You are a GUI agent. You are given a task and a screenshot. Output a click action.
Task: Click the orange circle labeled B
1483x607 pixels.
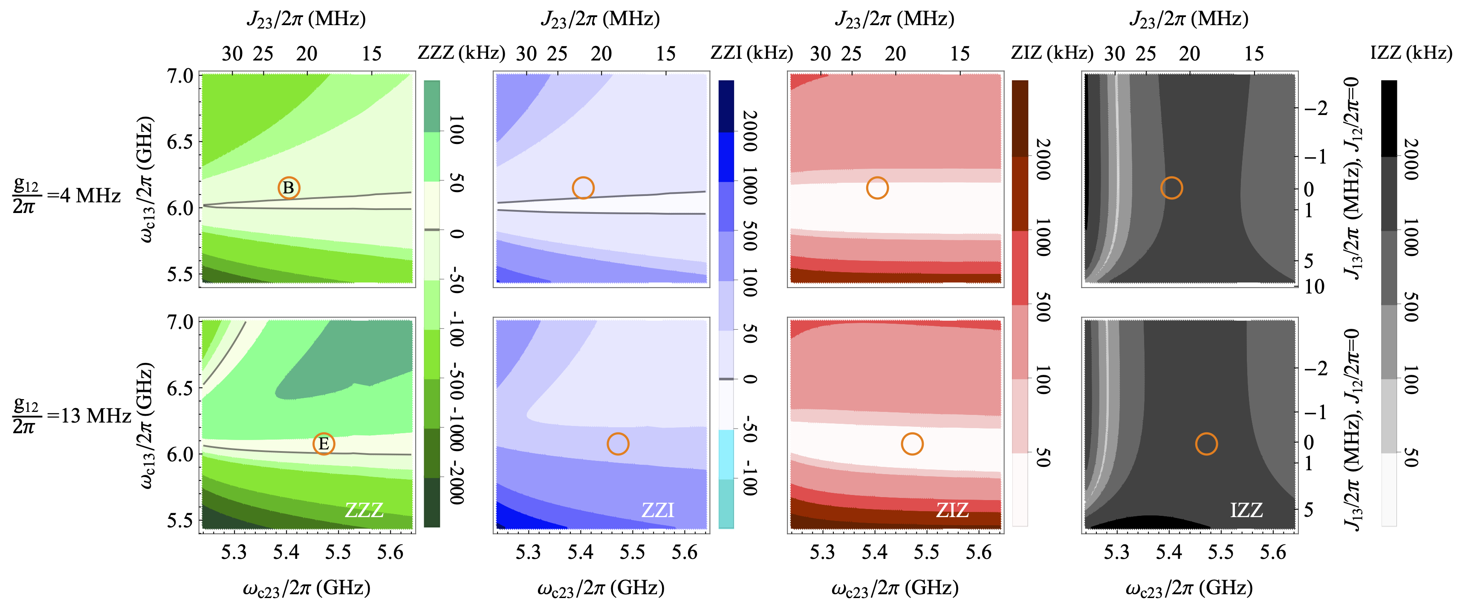(289, 187)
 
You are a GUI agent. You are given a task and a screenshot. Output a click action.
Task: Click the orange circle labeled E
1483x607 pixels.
(324, 443)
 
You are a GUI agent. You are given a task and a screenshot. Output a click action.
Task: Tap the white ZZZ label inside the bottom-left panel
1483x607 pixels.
(364, 510)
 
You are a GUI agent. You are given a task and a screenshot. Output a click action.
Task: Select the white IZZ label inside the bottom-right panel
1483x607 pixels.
(1246, 510)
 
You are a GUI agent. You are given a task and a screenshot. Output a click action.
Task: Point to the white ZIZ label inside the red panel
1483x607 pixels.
(952, 510)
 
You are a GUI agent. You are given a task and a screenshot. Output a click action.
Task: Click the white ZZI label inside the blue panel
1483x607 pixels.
(657, 510)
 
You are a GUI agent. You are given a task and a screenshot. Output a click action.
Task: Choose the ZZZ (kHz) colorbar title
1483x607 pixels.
(461, 53)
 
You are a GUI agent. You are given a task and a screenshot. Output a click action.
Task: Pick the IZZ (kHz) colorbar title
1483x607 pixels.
(1411, 53)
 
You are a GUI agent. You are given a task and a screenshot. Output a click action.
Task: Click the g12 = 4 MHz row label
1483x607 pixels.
(66, 196)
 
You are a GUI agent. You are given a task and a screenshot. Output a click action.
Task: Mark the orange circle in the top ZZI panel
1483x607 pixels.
(583, 187)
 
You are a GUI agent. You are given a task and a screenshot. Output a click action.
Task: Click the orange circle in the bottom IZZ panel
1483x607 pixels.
(1206, 443)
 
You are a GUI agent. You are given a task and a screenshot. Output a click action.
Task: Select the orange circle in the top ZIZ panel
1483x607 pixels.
(877, 187)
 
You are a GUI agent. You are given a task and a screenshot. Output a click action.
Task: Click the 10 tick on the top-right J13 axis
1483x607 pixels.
(1314, 287)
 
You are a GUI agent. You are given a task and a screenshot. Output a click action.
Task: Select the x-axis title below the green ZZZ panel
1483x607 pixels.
(306, 588)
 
